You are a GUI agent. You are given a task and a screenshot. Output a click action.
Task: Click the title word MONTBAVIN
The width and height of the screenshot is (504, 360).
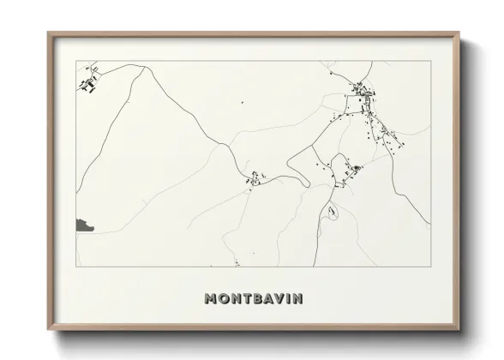point(252,299)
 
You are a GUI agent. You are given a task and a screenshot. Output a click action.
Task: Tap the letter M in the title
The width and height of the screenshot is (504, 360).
point(211,299)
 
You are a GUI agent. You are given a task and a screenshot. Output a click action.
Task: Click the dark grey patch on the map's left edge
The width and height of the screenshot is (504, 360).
point(84,225)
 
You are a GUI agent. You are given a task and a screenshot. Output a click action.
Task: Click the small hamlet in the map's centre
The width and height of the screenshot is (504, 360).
point(255,178)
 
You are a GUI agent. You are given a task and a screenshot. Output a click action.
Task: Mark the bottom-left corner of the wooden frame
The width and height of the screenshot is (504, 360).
point(49,329)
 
